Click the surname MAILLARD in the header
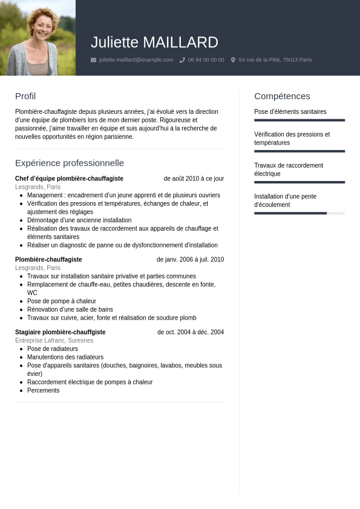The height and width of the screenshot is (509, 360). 180,42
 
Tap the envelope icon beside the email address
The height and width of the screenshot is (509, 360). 93,60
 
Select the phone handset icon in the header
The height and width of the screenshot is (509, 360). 182,60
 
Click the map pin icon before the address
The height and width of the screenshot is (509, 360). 233,60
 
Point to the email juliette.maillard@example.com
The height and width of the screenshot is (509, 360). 136,60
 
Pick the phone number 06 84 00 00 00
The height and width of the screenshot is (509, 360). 206,60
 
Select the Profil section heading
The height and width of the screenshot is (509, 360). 25,96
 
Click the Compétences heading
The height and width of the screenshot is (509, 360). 282,96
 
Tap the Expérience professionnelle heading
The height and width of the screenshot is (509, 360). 70,163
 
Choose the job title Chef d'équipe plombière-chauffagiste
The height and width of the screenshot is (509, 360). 69,179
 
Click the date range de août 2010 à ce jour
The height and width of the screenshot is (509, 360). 194,179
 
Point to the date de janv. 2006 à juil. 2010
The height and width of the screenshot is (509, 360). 190,260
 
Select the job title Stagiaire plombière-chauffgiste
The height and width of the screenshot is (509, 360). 61,332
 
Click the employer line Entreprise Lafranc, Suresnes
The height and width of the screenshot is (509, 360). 54,341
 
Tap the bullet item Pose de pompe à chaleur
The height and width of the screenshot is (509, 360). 62,301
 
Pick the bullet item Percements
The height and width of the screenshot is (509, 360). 44,390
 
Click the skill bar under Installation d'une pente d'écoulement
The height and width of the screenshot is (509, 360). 299,213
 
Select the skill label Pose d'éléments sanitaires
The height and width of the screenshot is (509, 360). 290,112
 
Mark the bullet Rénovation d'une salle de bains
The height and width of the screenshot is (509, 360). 70,309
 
